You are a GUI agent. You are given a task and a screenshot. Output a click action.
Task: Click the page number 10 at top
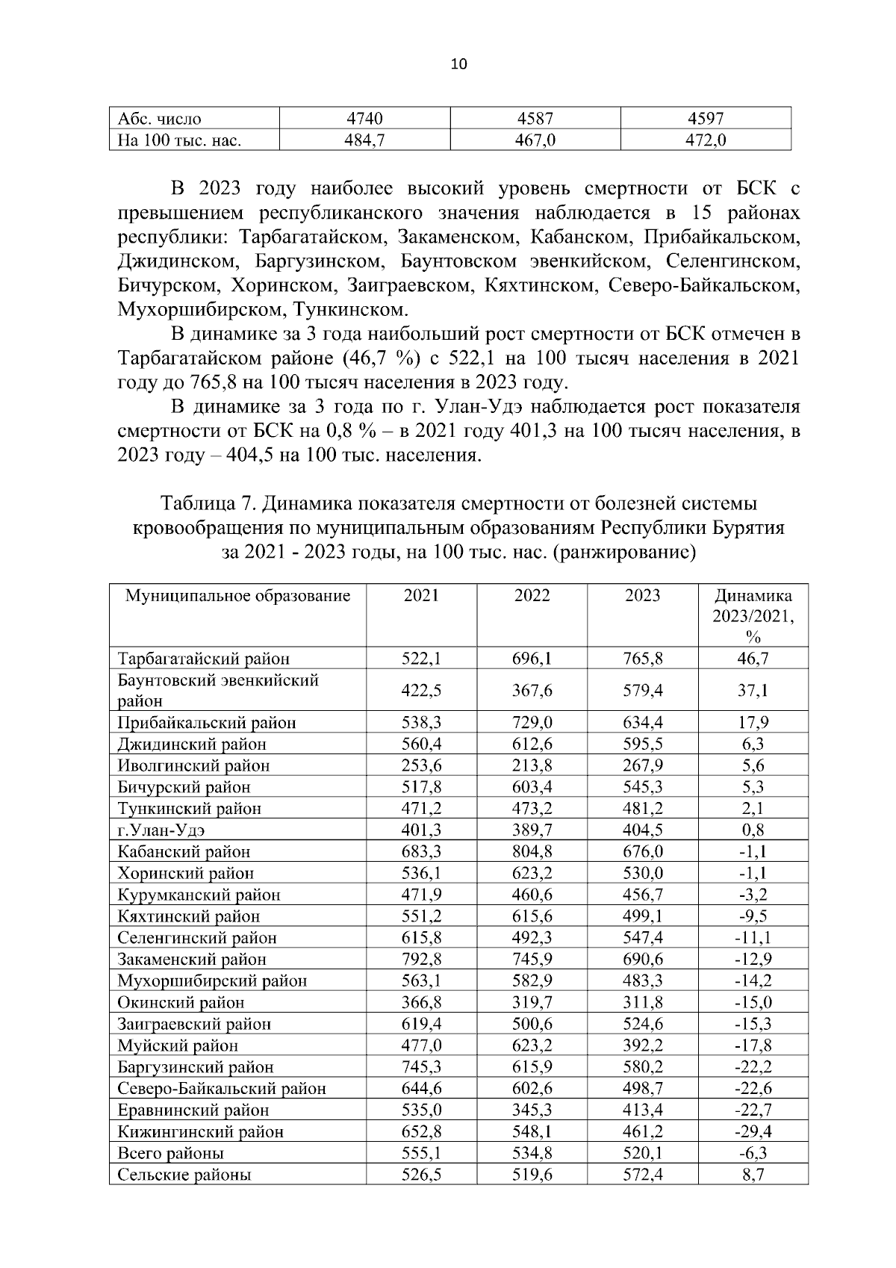point(458,64)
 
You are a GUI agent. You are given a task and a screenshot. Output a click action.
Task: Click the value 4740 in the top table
point(364,118)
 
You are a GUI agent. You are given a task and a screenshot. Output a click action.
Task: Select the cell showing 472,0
point(706,140)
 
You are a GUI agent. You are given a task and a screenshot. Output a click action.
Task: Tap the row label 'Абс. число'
point(160,118)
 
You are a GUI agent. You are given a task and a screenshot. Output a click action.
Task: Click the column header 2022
point(532,596)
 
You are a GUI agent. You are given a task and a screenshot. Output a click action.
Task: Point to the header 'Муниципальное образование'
point(237,596)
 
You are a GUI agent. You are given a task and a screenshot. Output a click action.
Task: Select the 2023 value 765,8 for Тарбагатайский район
point(643,659)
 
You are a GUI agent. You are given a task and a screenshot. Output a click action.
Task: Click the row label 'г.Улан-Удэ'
point(161,830)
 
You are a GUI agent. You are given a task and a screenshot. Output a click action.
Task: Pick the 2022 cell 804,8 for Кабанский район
point(532,852)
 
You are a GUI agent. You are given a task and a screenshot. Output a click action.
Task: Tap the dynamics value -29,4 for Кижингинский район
point(753,1132)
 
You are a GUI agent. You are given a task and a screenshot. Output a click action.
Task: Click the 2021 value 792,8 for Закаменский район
point(421,960)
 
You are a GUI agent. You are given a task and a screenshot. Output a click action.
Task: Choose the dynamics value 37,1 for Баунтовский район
point(753,691)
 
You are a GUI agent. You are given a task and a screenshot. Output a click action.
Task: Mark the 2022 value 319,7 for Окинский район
point(532,1003)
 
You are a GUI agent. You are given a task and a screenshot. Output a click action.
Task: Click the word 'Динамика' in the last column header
point(753,596)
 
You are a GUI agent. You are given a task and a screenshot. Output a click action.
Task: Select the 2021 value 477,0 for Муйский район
point(421,1045)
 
